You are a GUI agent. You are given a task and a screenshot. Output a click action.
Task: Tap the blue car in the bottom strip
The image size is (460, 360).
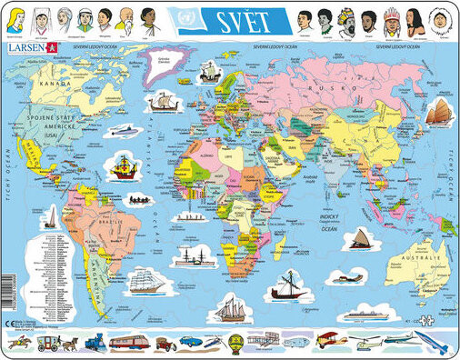190,341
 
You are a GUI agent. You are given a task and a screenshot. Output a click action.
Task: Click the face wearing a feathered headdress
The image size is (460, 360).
391,19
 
